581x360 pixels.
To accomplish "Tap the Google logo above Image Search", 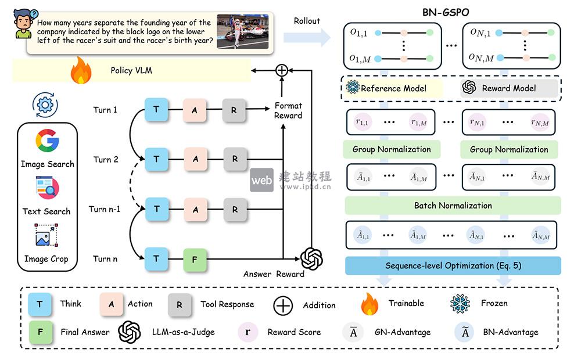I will pyautogui.click(x=47, y=142).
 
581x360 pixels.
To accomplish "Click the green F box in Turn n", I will pyautogui.click(x=195, y=258).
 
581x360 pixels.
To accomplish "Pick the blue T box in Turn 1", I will pyautogui.click(x=156, y=110).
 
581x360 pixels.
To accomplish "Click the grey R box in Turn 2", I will pyautogui.click(x=234, y=159).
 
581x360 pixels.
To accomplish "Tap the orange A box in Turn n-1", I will pyautogui.click(x=195, y=209).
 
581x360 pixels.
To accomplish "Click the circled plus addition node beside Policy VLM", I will pyautogui.click(x=281, y=70).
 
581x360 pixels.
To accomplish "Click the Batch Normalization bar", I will pyautogui.click(x=453, y=206).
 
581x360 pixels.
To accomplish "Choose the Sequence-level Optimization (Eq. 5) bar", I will pyautogui.click(x=453, y=266).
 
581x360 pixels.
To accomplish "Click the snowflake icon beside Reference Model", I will pyautogui.click(x=353, y=88).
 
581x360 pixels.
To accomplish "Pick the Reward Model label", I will pyautogui.click(x=508, y=88).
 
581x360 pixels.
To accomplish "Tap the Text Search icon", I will pyautogui.click(x=47, y=189).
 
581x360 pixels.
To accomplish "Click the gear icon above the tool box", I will pyautogui.click(x=47, y=105).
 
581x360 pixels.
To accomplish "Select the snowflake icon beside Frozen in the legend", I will pyautogui.click(x=460, y=304).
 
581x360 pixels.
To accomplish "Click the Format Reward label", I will pyautogui.click(x=288, y=111).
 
